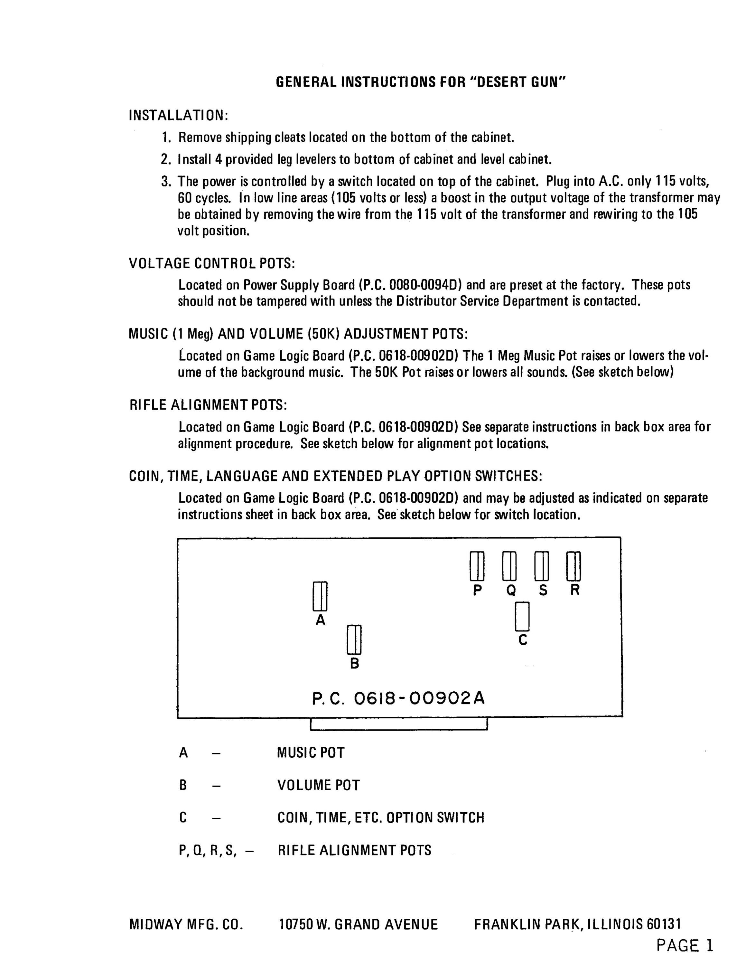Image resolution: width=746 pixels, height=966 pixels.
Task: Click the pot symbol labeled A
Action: click(320, 596)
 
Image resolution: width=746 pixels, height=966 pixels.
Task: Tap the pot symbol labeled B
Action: click(354, 639)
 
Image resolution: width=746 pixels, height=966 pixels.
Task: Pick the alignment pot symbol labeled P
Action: click(477, 566)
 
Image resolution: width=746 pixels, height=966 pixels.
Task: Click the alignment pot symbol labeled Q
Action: click(509, 566)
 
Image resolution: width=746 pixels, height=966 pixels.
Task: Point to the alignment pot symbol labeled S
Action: click(542, 566)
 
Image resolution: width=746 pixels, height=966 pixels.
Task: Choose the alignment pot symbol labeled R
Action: click(573, 566)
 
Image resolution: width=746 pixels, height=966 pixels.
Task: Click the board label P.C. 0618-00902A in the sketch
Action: click(398, 698)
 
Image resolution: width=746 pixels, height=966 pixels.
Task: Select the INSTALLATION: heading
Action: click(178, 116)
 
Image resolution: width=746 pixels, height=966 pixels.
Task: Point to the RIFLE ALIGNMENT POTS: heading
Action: click(208, 405)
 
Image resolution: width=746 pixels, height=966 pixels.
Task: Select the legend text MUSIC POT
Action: click(311, 753)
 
